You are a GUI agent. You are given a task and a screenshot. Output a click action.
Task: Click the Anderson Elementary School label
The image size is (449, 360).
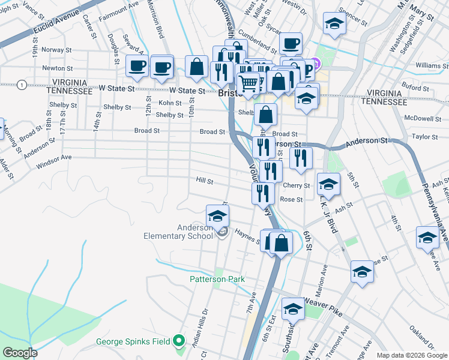[x=178, y=232]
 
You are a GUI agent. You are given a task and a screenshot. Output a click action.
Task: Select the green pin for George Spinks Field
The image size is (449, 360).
[x=178, y=341]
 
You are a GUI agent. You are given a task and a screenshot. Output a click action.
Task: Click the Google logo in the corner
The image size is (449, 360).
[x=20, y=353]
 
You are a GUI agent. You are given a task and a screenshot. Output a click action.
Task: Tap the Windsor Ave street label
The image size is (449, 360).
[x=53, y=158]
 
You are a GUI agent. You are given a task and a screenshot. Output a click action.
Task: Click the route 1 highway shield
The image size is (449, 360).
[x=22, y=84]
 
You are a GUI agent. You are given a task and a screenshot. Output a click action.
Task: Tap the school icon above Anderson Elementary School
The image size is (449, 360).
[x=217, y=215]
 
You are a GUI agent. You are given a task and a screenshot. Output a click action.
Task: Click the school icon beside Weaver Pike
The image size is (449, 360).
[x=293, y=308]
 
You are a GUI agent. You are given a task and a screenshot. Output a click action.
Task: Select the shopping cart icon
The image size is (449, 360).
[x=249, y=83]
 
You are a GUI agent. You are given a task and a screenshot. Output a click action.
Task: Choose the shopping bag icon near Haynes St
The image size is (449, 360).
[x=280, y=242]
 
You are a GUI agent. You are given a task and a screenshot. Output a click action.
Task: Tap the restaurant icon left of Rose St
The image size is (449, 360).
[x=262, y=193]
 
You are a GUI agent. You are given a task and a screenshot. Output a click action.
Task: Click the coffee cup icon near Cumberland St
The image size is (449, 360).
[x=291, y=44]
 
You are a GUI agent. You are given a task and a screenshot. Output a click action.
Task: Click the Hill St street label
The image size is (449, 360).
[x=205, y=180]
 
